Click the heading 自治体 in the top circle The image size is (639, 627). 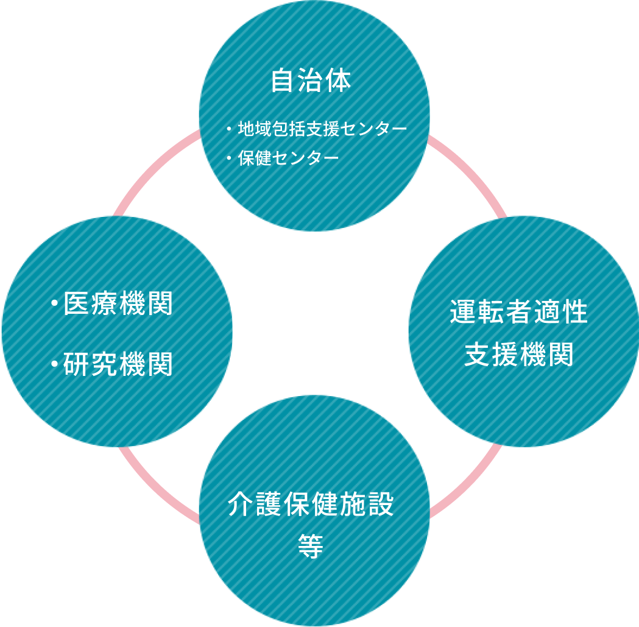(311, 81)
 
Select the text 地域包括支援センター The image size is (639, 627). (322, 129)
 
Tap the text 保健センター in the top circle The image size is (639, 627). (288, 158)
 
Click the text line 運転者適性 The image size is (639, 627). (519, 312)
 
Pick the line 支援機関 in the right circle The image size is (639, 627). (519, 355)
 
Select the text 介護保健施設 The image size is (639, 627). (311, 505)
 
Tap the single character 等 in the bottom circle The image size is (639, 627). (311, 546)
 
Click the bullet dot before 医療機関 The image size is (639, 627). (55, 303)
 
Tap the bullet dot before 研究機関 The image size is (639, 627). (55, 364)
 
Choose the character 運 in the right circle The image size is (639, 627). (464, 312)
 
